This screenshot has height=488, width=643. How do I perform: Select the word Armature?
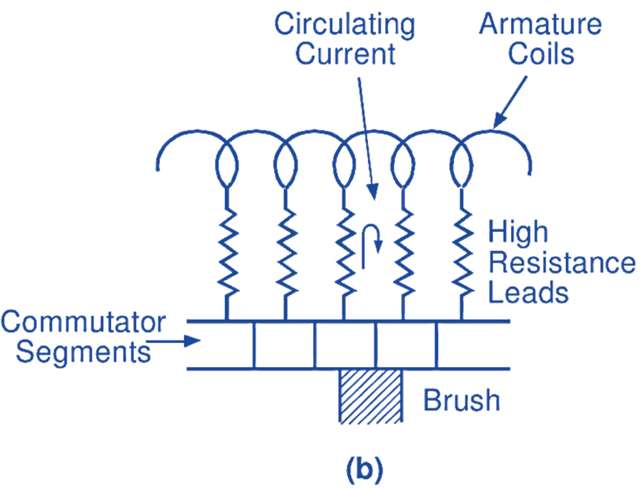coord(540,25)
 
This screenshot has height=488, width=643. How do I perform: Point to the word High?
coord(518,232)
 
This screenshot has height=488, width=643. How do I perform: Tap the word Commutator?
coord(83,322)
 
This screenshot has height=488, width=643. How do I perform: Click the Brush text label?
coord(462,400)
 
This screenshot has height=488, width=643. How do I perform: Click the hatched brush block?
coord(370,396)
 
